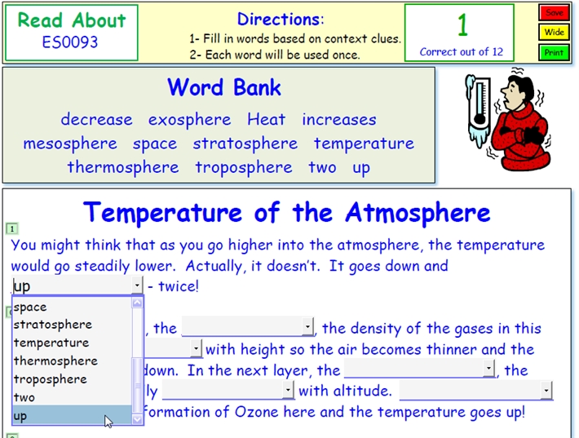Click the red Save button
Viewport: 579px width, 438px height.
[x=554, y=12]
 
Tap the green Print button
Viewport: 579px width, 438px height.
[x=554, y=53]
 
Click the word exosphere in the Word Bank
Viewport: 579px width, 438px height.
[x=190, y=120]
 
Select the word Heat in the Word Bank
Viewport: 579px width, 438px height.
[x=266, y=119]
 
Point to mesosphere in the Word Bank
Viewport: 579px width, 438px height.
[x=70, y=144]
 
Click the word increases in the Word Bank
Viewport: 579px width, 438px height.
[x=339, y=119]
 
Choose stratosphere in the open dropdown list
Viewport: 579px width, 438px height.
[x=53, y=325]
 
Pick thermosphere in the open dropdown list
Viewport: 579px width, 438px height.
[x=55, y=361]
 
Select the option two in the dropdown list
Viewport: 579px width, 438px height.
[x=24, y=397]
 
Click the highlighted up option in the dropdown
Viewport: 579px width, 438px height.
[x=72, y=415]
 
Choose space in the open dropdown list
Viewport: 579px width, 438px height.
[x=30, y=307]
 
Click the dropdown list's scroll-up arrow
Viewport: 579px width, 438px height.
[x=137, y=303]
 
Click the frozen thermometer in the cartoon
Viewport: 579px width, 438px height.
[x=479, y=110]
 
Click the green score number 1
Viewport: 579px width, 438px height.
[x=462, y=25]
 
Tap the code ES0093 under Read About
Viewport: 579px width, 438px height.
[x=70, y=42]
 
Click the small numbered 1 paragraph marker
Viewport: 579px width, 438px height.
[x=12, y=229]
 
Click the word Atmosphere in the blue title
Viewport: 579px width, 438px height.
[x=418, y=213]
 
